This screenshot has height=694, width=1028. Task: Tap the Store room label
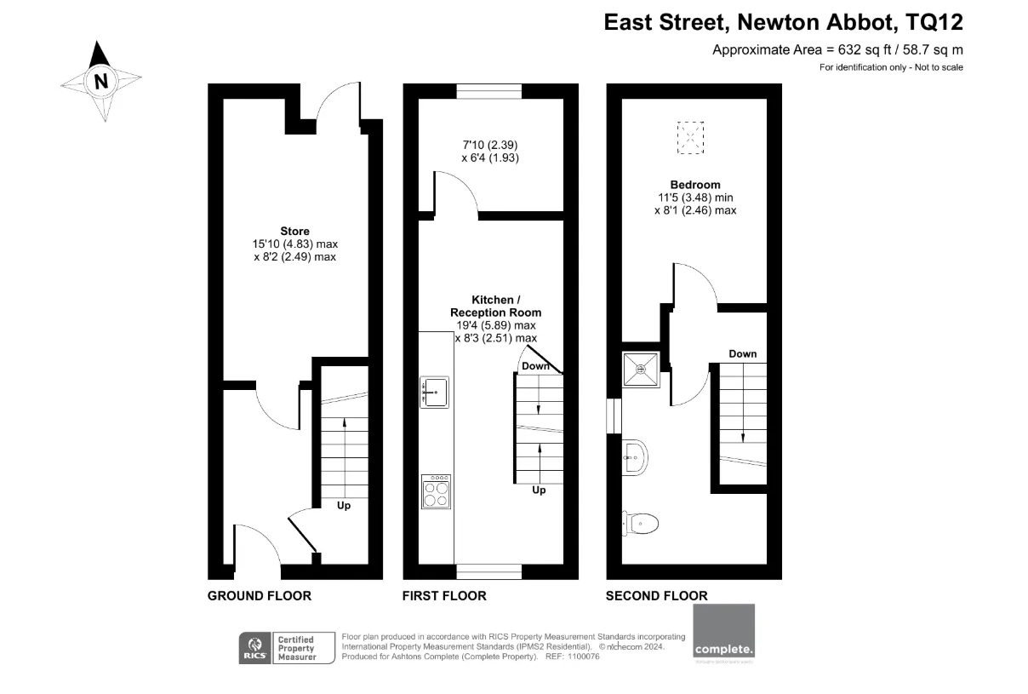[295, 231]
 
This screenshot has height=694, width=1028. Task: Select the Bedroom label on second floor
[695, 185]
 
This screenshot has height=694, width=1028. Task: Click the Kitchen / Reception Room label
[494, 307]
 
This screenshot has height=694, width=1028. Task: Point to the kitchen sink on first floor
[435, 392]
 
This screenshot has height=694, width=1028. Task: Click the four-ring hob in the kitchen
[436, 492]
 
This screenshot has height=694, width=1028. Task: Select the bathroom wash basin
[635, 457]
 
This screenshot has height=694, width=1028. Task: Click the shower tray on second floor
[640, 369]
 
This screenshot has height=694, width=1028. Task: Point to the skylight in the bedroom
[691, 138]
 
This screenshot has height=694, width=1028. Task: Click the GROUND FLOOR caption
[260, 596]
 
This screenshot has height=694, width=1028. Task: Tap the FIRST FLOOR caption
[444, 596]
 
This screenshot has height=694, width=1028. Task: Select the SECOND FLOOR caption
[656, 596]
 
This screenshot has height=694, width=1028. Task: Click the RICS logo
[254, 648]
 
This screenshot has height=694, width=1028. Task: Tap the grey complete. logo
[724, 633]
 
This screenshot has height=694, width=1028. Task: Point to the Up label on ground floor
[344, 505]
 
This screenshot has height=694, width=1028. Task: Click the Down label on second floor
[742, 353]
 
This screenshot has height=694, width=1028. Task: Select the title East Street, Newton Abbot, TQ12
[783, 21]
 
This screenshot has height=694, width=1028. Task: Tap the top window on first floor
[488, 91]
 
